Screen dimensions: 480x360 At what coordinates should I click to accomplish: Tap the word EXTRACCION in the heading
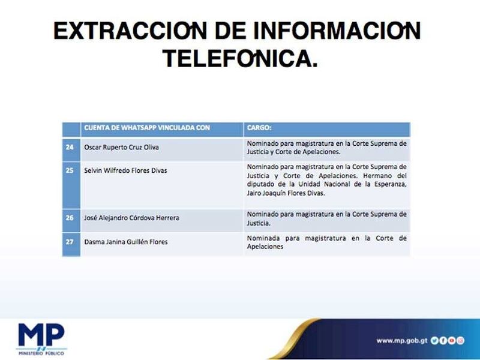click(x=130, y=31)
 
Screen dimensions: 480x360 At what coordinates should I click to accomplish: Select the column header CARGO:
click(x=259, y=128)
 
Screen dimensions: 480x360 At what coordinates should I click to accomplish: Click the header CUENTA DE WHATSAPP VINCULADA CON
click(x=147, y=128)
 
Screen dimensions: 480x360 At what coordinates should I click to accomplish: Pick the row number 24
click(x=70, y=147)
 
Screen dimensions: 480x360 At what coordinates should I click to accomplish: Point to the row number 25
click(x=70, y=170)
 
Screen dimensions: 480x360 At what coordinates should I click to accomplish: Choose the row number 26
click(x=70, y=218)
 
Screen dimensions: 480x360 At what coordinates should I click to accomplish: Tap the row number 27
click(x=70, y=242)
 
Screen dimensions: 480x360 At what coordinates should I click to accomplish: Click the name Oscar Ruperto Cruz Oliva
click(x=122, y=147)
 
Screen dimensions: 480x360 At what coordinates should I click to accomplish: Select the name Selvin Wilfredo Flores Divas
click(x=125, y=170)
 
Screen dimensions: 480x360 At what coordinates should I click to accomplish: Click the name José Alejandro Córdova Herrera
click(x=131, y=218)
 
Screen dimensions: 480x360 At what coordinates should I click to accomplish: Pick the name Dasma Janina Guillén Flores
click(x=126, y=242)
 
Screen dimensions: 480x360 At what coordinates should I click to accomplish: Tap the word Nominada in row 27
click(x=263, y=238)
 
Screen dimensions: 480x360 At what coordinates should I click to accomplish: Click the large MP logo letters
click(x=41, y=335)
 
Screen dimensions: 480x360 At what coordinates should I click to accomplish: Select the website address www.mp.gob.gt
click(x=401, y=341)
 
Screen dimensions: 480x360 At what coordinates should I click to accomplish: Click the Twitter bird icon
click(x=434, y=340)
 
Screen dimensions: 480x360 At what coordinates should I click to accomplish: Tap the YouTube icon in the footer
click(x=452, y=340)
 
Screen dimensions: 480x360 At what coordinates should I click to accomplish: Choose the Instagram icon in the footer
click(x=460, y=340)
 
